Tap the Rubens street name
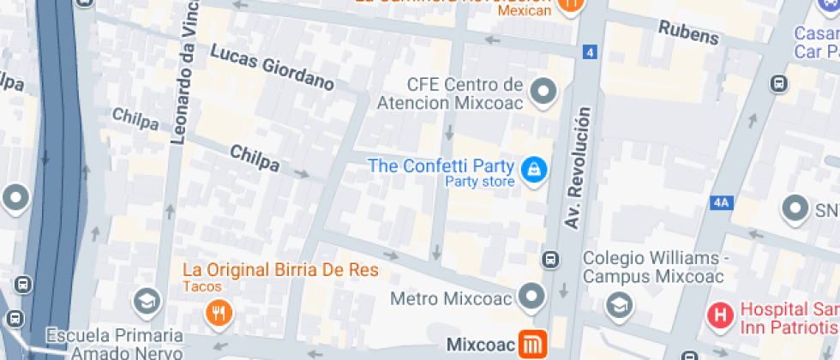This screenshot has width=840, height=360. point(688,32)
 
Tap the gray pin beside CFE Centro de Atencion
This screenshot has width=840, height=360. point(543,91)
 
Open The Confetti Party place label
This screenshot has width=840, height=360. point(441,165)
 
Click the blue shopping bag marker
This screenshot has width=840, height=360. point(535,169)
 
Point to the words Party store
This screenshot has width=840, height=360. point(480,182)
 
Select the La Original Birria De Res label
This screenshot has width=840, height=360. point(280,270)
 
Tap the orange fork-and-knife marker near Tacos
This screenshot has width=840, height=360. point(220,314)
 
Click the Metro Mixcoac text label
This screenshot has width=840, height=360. point(451,299)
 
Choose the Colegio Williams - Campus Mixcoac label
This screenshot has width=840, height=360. point(653,267)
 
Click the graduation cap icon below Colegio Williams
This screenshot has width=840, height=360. point(618,304)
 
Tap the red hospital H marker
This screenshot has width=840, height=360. point(721,315)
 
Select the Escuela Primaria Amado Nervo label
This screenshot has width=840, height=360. point(115,343)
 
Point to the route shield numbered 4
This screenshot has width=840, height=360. point(589,53)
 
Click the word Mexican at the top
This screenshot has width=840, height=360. point(524,11)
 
